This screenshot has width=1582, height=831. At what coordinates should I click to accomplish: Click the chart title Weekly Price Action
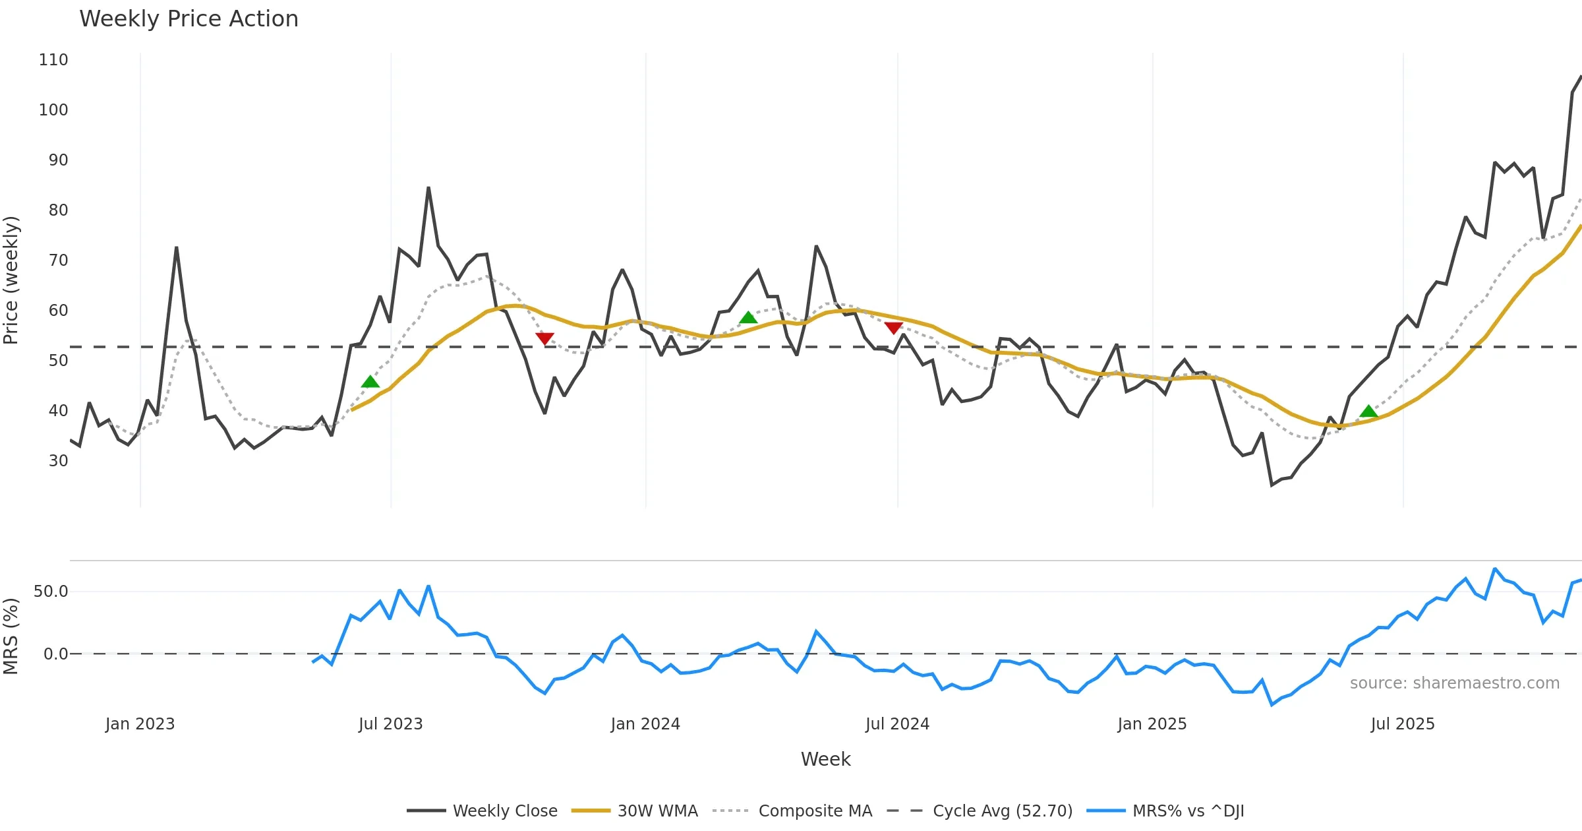click(x=189, y=19)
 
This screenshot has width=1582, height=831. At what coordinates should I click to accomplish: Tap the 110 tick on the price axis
click(x=53, y=60)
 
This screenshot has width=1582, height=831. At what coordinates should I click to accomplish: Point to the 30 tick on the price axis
click(x=58, y=461)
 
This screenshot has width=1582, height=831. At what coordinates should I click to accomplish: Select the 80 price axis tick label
click(x=58, y=210)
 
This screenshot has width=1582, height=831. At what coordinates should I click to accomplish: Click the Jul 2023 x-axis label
click(x=390, y=724)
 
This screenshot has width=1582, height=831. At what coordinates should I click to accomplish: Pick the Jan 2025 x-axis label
click(x=1152, y=724)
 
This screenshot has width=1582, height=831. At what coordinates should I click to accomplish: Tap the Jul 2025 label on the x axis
click(x=1402, y=724)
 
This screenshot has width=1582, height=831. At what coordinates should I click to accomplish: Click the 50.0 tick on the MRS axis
click(x=51, y=592)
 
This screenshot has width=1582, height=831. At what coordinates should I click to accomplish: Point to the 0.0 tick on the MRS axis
click(x=55, y=654)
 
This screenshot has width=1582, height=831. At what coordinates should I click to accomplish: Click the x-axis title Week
click(x=825, y=760)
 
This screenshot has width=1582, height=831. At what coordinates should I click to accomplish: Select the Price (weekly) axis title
click(x=11, y=280)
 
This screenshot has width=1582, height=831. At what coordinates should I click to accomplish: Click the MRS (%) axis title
click(x=11, y=636)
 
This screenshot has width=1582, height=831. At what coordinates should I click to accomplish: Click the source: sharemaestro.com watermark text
click(x=1454, y=683)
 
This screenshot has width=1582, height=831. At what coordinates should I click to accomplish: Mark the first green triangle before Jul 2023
click(x=370, y=382)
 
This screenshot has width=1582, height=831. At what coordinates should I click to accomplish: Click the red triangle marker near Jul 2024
click(x=893, y=328)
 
